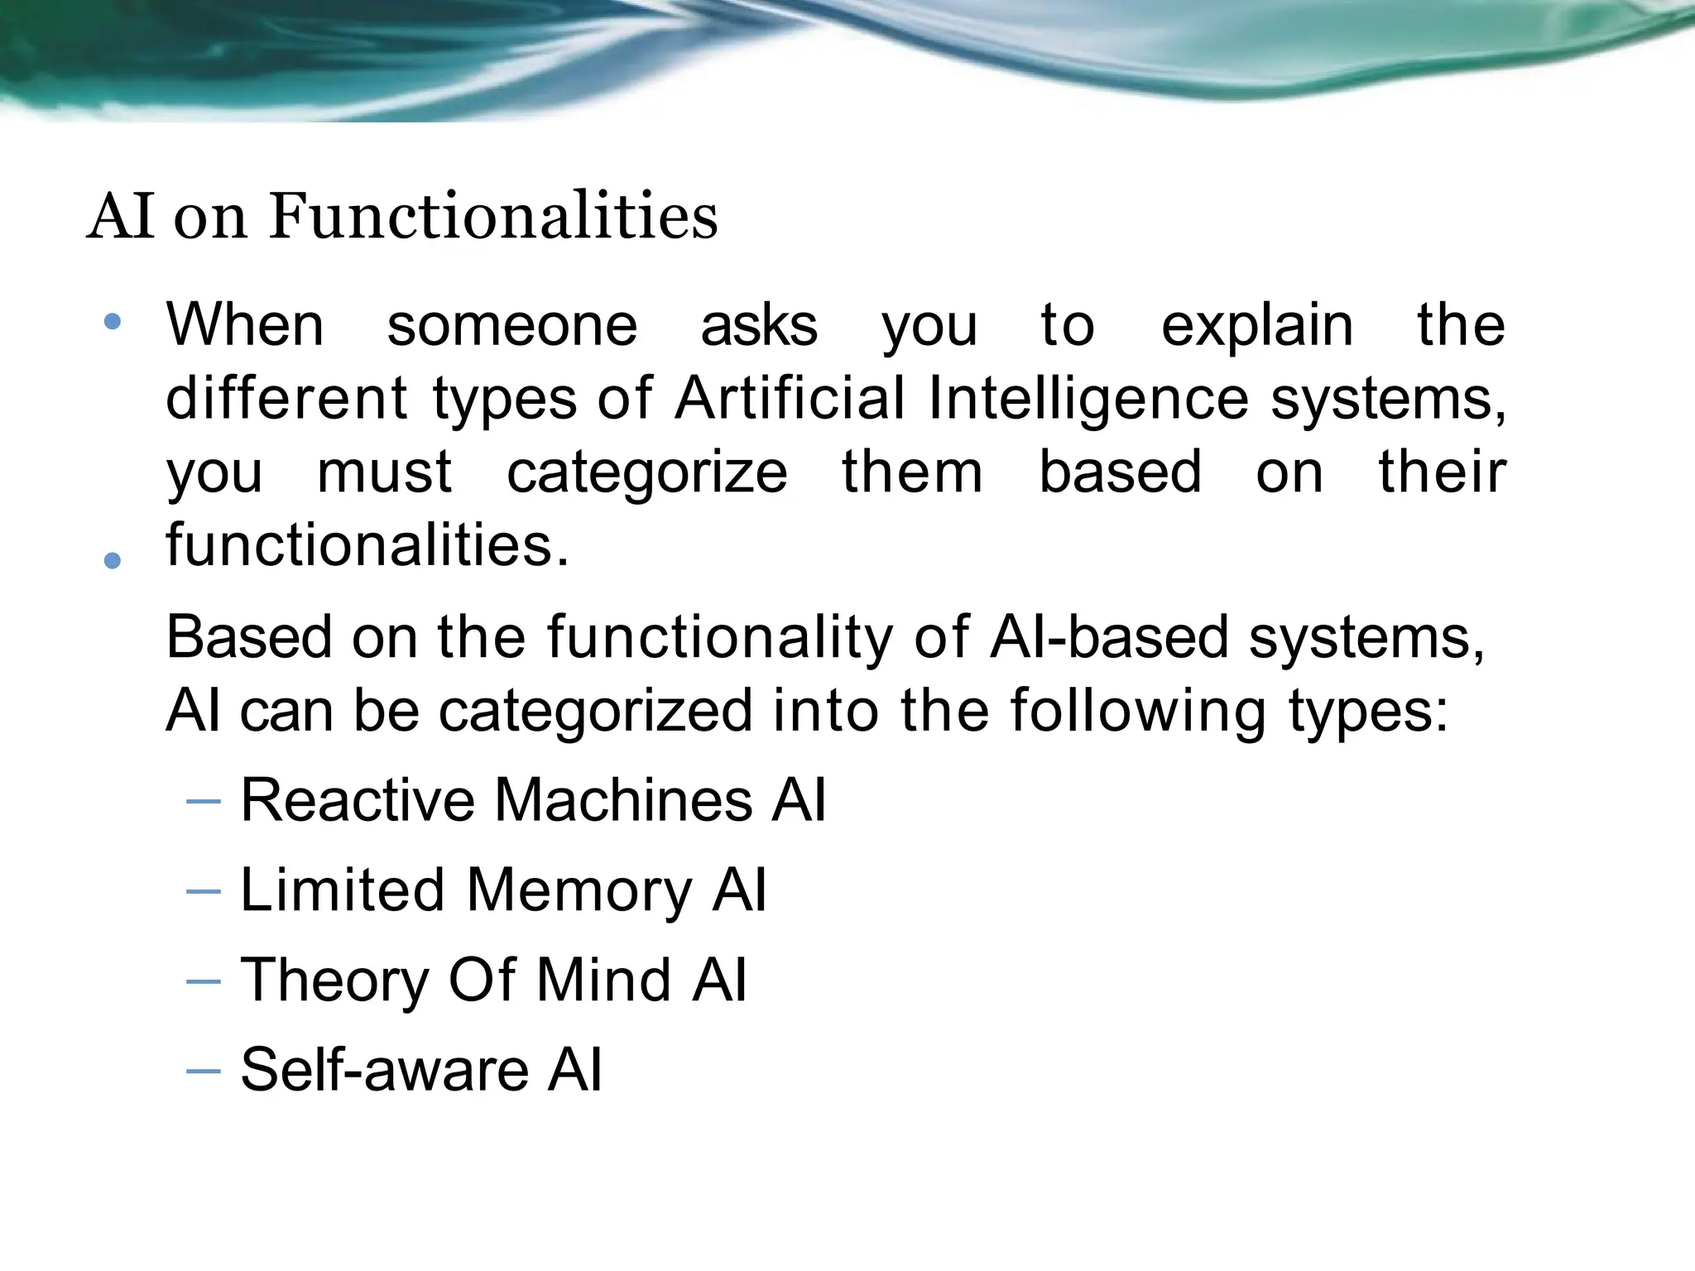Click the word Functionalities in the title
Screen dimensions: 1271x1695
point(493,217)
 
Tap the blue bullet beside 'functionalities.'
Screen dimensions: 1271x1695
point(113,561)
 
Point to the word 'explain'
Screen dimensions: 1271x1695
point(1257,326)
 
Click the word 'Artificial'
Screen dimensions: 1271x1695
point(790,398)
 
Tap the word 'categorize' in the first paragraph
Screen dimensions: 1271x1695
point(647,473)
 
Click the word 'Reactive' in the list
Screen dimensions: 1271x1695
point(358,800)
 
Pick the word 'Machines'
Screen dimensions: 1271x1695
point(623,800)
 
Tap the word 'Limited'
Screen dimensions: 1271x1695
point(343,890)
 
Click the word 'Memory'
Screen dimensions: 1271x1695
point(579,892)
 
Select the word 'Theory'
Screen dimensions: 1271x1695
point(334,981)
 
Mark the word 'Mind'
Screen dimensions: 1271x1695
point(603,980)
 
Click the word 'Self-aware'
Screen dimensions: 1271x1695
point(384,1069)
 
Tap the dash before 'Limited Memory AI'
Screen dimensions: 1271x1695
point(204,891)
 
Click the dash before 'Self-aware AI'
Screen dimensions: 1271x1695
point(204,1071)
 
